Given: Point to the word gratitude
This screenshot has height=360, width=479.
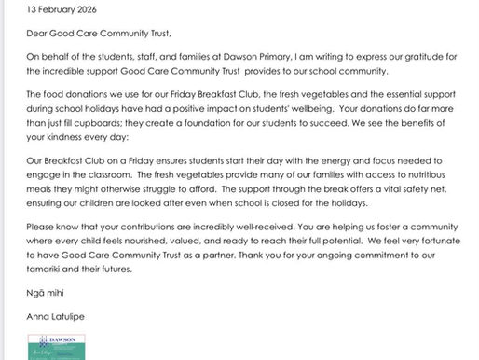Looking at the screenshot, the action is point(430,61).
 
